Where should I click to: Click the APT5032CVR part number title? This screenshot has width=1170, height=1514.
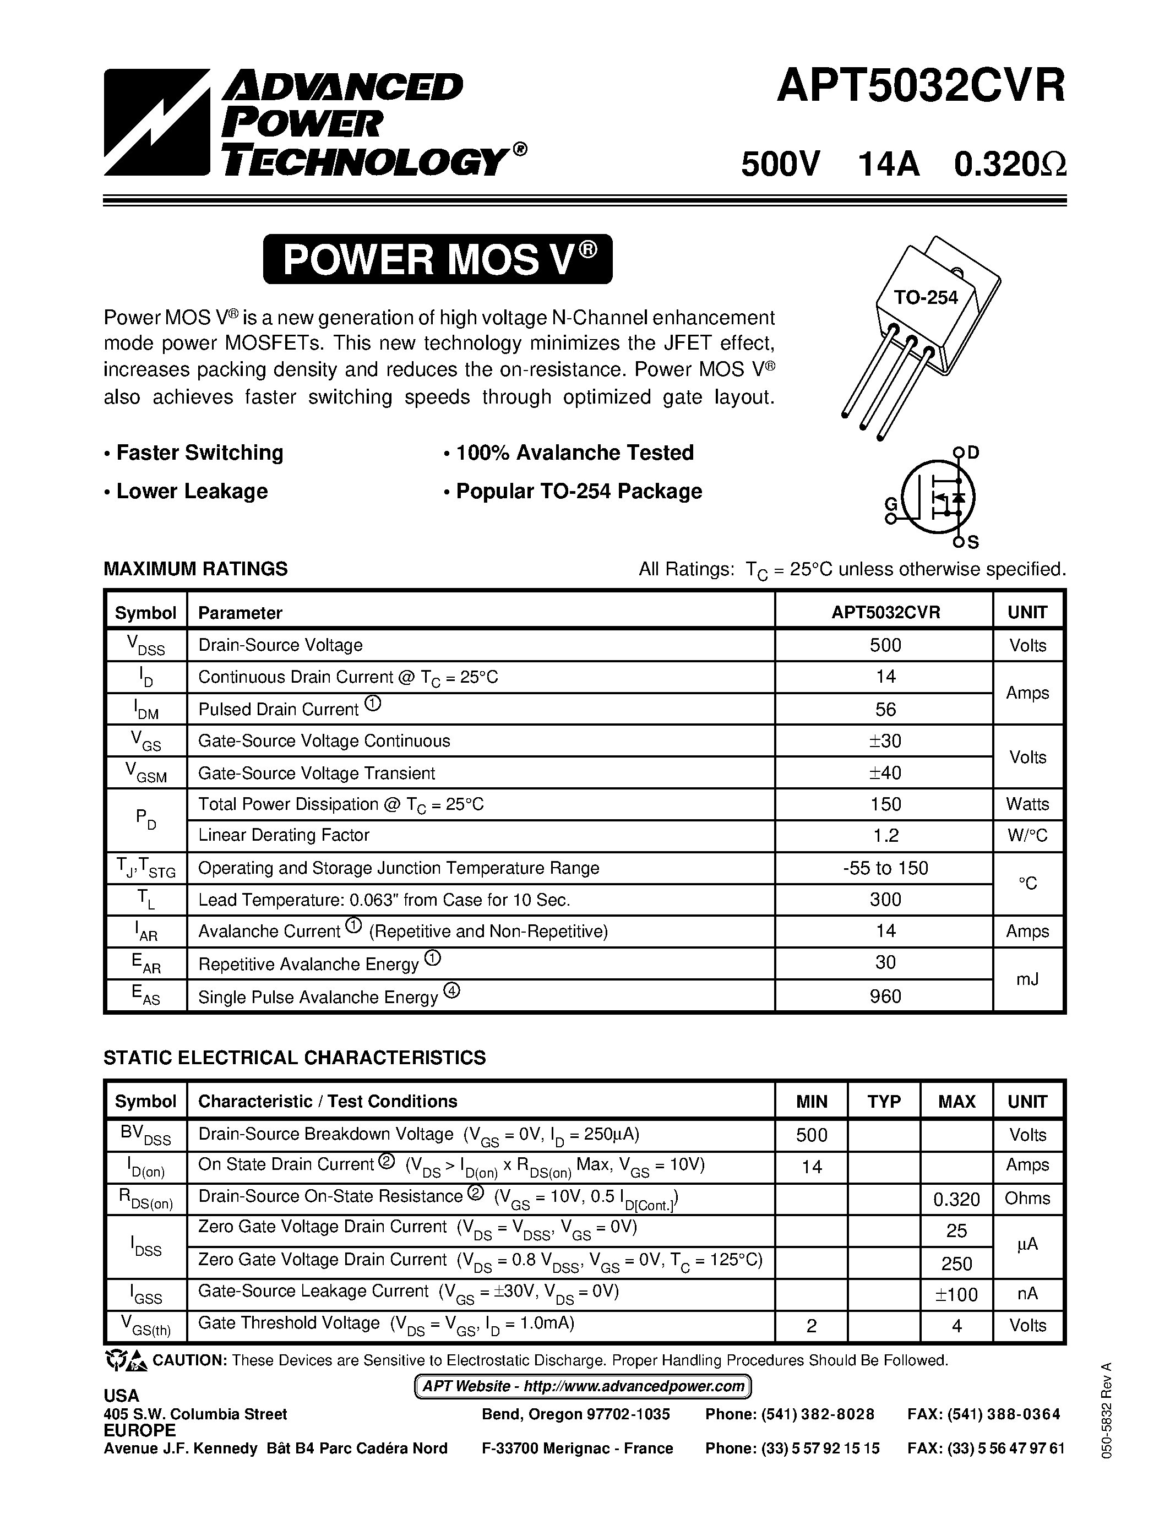[x=921, y=88]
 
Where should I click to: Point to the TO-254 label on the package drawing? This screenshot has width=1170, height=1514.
[x=926, y=297]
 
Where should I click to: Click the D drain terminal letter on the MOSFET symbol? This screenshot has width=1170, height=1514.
[x=973, y=453]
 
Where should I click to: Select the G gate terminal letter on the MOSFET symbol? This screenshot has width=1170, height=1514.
[x=891, y=504]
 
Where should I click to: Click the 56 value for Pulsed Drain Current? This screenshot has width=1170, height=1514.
[x=885, y=709]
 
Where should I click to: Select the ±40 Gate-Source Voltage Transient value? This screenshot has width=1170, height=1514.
[x=885, y=772]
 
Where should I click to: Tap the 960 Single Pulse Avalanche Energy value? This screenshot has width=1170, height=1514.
[x=885, y=996]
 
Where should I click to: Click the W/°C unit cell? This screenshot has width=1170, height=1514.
[x=1027, y=835]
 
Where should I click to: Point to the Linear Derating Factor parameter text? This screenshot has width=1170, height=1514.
[x=284, y=835]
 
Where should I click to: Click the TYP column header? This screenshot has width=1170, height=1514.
[x=884, y=1102]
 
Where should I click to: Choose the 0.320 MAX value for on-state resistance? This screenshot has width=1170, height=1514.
[x=956, y=1199]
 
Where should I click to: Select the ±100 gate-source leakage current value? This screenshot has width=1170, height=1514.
[x=956, y=1294]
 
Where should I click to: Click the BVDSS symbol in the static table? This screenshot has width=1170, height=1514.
[x=145, y=1135]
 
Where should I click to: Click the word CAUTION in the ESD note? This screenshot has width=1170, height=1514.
[x=189, y=1360]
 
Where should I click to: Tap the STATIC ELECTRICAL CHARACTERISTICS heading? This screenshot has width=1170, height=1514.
[x=295, y=1057]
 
